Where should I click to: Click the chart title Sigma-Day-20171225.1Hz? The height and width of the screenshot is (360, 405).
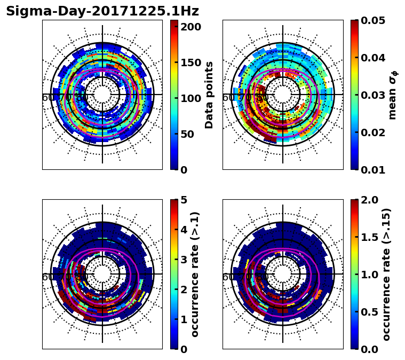[x=102, y=11]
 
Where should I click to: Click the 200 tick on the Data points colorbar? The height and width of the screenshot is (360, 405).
[x=191, y=27]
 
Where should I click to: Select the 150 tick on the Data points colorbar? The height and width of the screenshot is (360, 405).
[x=191, y=62]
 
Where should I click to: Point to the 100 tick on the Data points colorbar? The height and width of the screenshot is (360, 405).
[x=191, y=98]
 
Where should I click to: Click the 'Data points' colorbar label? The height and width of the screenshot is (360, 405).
[x=209, y=95]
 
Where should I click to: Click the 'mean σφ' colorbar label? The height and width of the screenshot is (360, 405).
[x=393, y=95]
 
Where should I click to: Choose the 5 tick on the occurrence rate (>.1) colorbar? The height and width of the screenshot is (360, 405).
[x=184, y=200]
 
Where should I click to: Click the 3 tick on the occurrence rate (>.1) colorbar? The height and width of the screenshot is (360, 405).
[x=184, y=260]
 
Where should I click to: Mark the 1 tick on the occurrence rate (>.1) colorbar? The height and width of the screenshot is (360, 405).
[x=184, y=319]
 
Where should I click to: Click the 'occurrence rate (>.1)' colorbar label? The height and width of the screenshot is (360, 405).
[x=195, y=274]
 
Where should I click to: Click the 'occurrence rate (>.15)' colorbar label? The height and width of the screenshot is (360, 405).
[x=387, y=274]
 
